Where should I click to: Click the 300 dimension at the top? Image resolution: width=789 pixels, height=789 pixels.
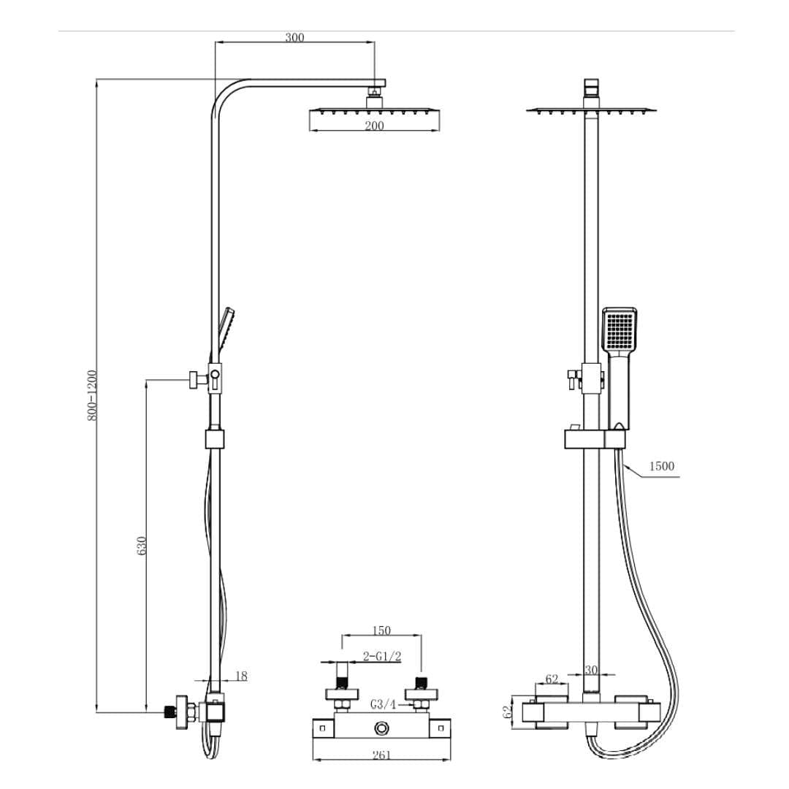click(x=294, y=37)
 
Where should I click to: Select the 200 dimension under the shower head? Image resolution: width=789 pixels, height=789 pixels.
click(x=374, y=126)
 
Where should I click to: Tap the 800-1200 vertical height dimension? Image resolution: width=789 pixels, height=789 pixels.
click(x=93, y=394)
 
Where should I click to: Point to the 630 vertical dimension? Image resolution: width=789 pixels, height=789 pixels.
click(x=142, y=546)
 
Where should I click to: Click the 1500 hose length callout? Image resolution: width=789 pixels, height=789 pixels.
click(x=661, y=466)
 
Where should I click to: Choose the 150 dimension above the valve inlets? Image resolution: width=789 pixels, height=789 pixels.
click(x=381, y=630)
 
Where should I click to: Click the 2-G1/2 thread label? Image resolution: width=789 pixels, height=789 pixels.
click(x=382, y=657)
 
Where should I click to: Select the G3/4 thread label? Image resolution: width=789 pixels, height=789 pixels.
click(x=383, y=705)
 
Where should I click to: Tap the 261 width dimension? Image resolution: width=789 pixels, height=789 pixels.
click(x=381, y=755)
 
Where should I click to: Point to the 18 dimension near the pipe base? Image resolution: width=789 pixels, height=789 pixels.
click(x=240, y=676)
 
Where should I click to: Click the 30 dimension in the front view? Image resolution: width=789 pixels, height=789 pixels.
click(x=592, y=671)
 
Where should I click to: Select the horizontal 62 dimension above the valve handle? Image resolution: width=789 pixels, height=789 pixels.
click(x=552, y=679)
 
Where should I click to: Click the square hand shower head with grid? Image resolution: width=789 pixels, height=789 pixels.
click(x=620, y=330)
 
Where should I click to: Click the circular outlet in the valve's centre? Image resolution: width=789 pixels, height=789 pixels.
click(x=381, y=728)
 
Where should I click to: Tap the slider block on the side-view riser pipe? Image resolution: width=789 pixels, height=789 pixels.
click(x=214, y=439)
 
